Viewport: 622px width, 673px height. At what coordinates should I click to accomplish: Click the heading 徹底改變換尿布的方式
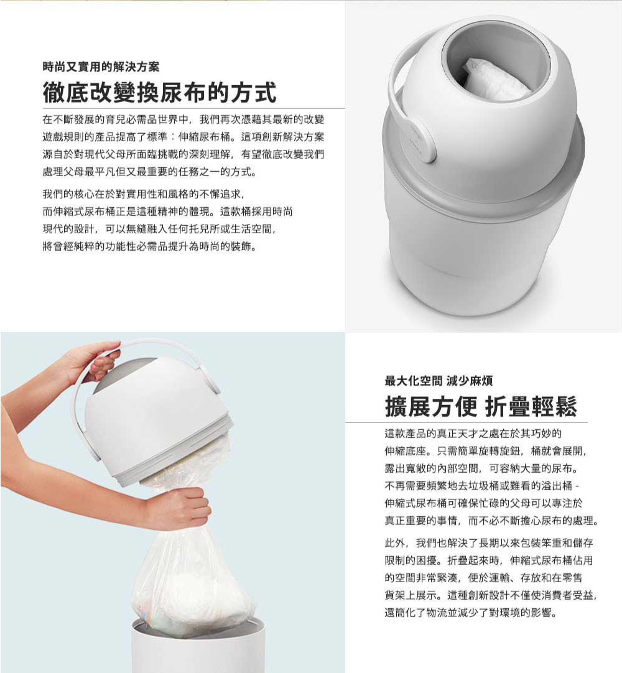tap(159, 92)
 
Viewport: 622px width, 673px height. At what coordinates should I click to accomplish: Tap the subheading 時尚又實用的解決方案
tap(101, 67)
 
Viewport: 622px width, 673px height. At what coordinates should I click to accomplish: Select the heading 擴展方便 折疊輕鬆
tap(480, 406)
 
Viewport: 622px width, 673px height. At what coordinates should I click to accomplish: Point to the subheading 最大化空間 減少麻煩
tap(439, 380)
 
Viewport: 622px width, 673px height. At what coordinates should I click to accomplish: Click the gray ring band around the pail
tap(483, 172)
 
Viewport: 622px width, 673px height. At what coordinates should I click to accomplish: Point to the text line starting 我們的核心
tap(144, 194)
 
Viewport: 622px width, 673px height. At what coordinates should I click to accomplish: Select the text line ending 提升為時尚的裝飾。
tap(151, 246)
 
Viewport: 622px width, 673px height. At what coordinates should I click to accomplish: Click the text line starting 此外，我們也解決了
tap(489, 542)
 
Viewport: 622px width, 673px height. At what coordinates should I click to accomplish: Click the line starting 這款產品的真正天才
tap(473, 433)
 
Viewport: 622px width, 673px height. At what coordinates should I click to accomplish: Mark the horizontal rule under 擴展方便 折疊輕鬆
tap(466, 423)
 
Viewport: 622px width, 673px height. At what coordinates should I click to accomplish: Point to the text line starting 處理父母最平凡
tap(151, 172)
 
